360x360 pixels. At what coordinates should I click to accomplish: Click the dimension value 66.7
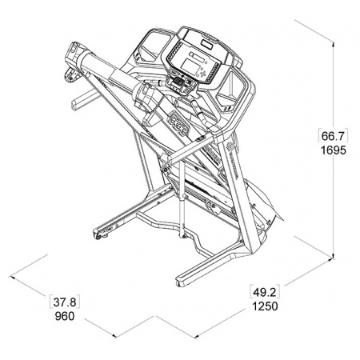(x=333, y=136)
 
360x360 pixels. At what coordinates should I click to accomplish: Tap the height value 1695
(x=333, y=150)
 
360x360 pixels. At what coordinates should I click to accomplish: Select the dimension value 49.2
(x=265, y=292)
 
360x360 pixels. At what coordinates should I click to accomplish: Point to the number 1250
(x=265, y=306)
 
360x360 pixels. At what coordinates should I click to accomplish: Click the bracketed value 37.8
(x=65, y=302)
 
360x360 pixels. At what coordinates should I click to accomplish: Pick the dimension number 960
(x=65, y=317)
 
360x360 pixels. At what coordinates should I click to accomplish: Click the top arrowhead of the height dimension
(x=333, y=45)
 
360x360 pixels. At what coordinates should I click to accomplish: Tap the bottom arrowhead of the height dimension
(x=333, y=255)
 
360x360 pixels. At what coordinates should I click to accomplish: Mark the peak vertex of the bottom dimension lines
(x=154, y=316)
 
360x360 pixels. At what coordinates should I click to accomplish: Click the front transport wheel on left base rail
(x=98, y=236)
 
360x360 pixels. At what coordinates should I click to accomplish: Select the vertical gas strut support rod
(x=182, y=198)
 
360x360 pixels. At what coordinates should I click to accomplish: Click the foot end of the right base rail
(x=181, y=281)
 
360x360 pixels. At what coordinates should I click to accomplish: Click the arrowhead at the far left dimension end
(x=12, y=278)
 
